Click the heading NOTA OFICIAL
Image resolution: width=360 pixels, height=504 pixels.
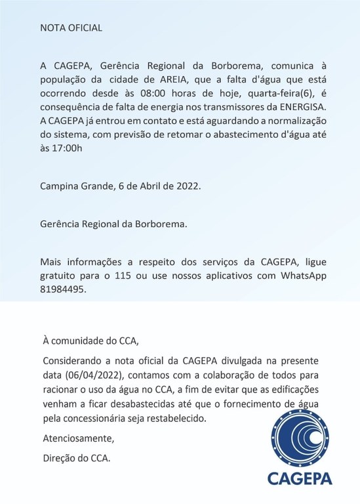coord(71,28)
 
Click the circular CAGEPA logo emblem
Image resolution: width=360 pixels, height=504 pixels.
coord(303,447)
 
